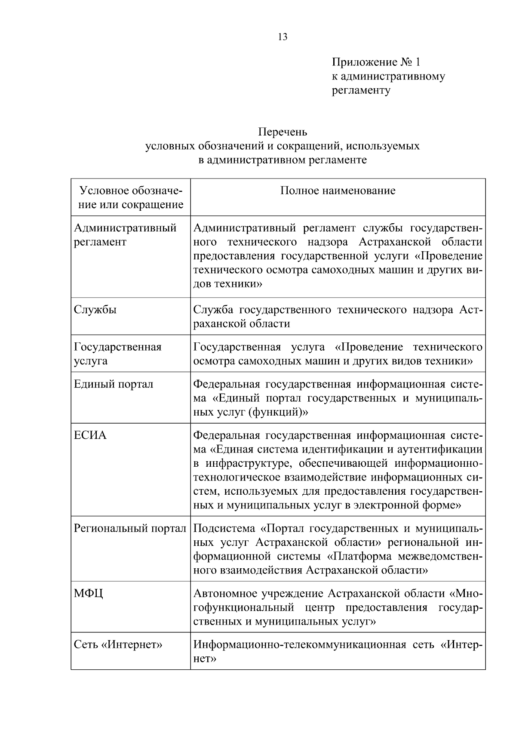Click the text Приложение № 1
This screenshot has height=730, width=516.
click(376, 62)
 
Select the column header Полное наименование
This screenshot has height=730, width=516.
click(338, 191)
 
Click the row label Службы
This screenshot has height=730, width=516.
click(95, 310)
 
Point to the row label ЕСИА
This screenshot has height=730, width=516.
click(90, 435)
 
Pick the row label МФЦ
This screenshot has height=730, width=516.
click(89, 594)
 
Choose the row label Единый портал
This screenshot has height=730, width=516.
click(114, 384)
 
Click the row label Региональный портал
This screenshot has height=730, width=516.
click(130, 528)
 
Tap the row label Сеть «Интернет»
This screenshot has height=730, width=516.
click(118, 645)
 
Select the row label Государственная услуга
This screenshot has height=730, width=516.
click(117, 354)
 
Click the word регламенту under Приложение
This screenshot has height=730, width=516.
click(361, 90)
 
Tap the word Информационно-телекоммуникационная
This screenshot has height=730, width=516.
click(300, 645)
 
